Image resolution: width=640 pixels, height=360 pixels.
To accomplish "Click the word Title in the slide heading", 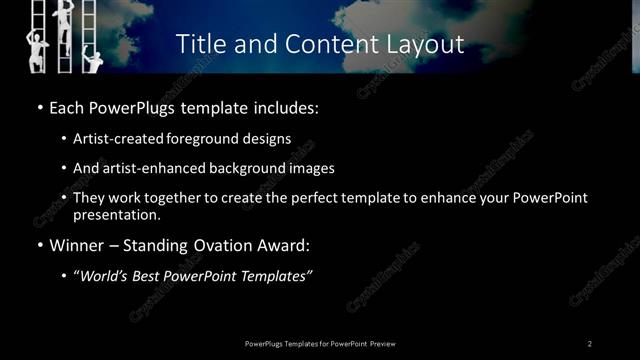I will tap(199, 44).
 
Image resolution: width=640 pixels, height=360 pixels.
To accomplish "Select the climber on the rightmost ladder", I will tap(93, 61).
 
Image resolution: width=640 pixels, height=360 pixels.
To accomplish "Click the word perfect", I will tap(315, 198).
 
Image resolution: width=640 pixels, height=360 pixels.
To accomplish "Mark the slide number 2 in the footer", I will tap(590, 343).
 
